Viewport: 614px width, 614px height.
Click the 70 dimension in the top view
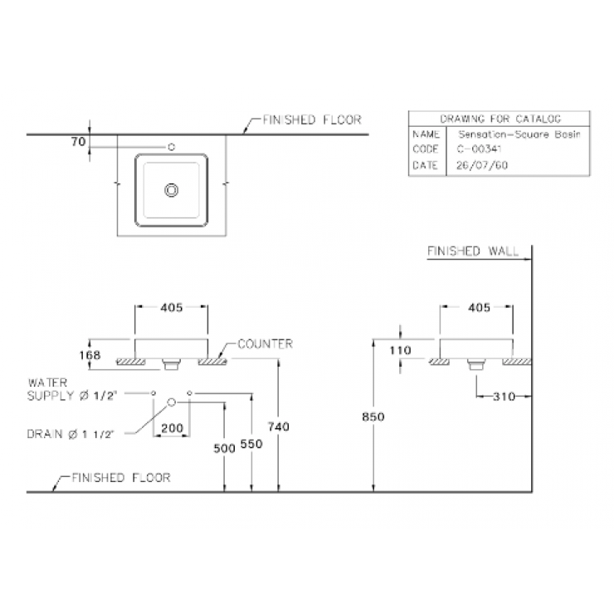[x=79, y=142]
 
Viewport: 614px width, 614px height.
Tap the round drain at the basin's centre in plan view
[x=172, y=190]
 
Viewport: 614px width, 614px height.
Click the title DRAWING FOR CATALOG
[x=500, y=119]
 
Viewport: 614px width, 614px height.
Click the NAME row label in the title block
[x=424, y=134]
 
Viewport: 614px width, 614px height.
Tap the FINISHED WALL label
[x=471, y=251]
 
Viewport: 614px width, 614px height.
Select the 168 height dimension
[x=90, y=354]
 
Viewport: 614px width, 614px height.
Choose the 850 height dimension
[x=373, y=417]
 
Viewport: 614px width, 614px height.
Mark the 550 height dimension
[x=251, y=443]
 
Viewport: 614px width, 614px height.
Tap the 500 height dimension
[x=224, y=447]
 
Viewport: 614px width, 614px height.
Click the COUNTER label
[x=265, y=344]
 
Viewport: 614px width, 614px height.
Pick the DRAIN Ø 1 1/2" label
[x=73, y=433]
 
